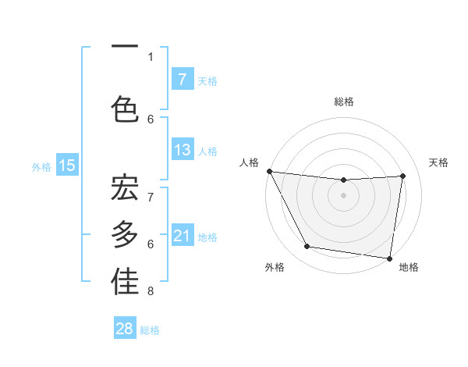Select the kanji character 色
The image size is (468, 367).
coord(125,109)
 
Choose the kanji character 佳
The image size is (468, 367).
coord(125,283)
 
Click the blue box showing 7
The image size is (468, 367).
coord(182,79)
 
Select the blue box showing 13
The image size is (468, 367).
coord(182,150)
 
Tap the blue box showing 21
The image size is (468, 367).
coord(182,236)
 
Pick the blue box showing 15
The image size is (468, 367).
coord(67,165)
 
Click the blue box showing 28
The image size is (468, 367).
coord(125,329)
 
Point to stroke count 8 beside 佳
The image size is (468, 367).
coord(151,292)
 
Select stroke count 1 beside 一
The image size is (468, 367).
coord(151,57)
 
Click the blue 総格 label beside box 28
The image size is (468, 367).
coord(150,330)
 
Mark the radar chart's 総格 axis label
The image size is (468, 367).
coord(343,102)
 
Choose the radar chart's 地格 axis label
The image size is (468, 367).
coord(409,267)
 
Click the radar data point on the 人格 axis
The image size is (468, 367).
coord(269,171)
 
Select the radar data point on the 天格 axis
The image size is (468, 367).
coord(403,176)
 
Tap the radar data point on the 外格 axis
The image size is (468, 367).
coord(307,247)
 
